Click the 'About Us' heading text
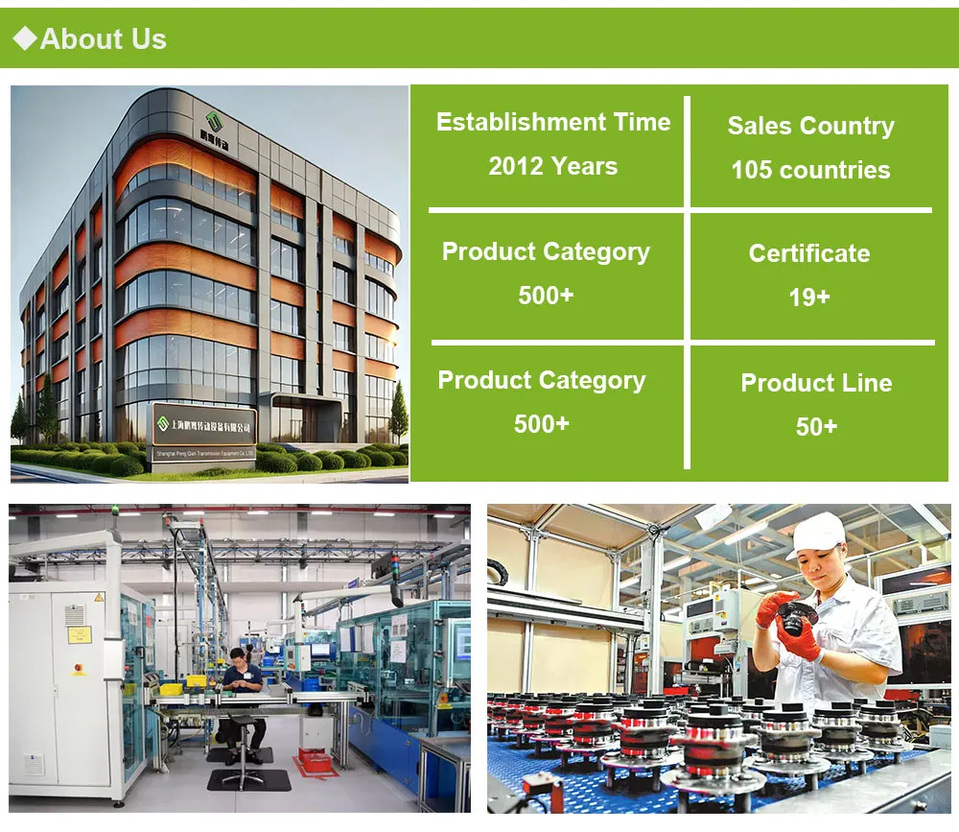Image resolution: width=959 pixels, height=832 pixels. [104, 39]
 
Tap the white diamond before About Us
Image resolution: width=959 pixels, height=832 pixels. [25, 38]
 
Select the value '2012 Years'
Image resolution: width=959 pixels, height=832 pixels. [552, 166]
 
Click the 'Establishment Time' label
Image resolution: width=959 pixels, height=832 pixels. [553, 123]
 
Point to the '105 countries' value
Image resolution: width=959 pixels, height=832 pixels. [810, 170]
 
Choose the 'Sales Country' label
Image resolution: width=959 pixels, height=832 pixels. [810, 126]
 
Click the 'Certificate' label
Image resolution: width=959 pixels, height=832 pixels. [809, 253]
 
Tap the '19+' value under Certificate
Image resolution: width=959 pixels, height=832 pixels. [809, 297]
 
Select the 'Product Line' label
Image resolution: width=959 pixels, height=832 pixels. [816, 383]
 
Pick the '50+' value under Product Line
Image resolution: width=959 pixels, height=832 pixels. [816, 426]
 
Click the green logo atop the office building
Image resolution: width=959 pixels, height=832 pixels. [215, 122]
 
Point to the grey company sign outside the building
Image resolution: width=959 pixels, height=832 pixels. [205, 429]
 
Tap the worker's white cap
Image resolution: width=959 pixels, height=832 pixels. [816, 533]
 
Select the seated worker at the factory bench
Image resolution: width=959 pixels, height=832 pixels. [239, 686]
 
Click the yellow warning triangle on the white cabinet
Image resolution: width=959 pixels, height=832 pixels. [98, 597]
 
